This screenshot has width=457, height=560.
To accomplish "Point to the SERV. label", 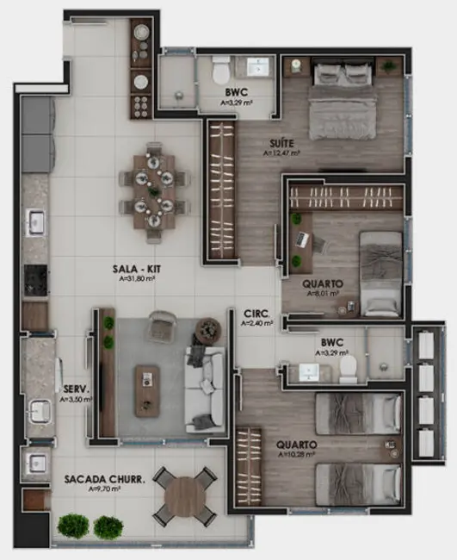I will pyautogui.click(x=74, y=389).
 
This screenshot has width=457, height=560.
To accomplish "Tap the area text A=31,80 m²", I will pyautogui.click(x=139, y=279).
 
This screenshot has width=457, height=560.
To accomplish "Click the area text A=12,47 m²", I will pyautogui.click(x=282, y=152).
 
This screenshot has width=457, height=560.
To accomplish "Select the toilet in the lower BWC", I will pyautogui.click(x=348, y=368).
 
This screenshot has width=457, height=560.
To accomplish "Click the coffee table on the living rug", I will pyautogui.click(x=146, y=377).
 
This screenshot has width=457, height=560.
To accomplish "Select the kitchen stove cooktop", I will pyautogui.click(x=35, y=277).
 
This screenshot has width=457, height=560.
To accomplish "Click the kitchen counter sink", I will pyautogui.click(x=36, y=222).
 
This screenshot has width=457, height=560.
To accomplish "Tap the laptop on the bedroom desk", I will pyautogui.click(x=303, y=239).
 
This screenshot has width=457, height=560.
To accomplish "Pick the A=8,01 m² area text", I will pyautogui.click(x=323, y=294).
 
